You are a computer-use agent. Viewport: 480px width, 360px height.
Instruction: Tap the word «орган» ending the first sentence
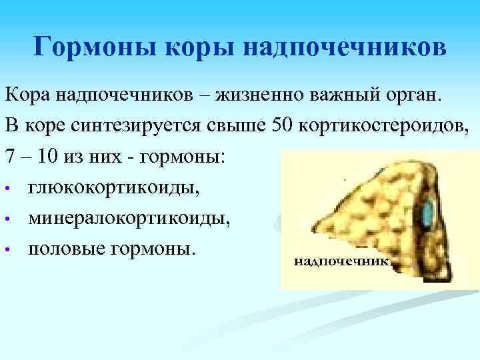[411, 95]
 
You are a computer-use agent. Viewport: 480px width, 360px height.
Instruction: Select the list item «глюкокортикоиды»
[113, 188]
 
